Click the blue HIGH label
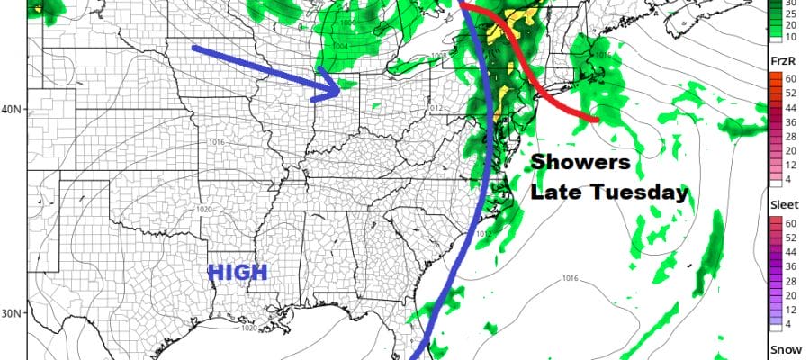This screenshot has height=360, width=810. click(x=238, y=272)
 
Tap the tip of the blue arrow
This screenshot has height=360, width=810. click(x=340, y=89)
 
